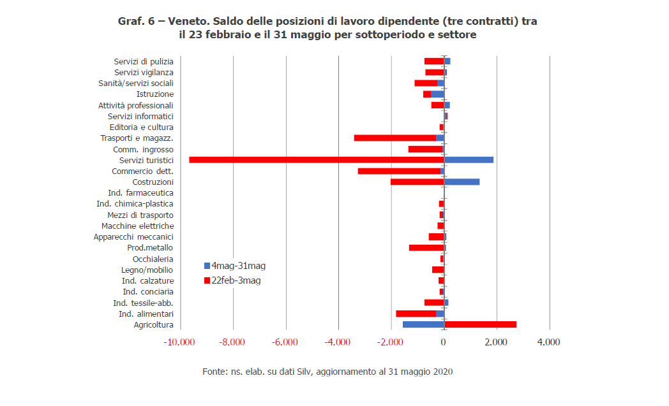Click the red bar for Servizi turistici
(x=316, y=160)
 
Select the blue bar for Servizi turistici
(x=469, y=160)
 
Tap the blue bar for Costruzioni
(x=462, y=182)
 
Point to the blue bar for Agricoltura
(x=423, y=325)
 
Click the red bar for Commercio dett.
(x=399, y=171)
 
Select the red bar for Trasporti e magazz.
(x=395, y=138)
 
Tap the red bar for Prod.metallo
(x=426, y=248)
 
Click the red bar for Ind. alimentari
(x=416, y=314)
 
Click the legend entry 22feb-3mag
(x=236, y=280)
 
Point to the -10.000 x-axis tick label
(x=179, y=342)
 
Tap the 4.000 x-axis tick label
(x=548, y=342)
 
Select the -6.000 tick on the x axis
(x=285, y=342)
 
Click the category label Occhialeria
(x=153, y=259)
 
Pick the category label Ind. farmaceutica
(x=140, y=193)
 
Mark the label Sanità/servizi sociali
(x=135, y=83)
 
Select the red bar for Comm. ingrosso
(x=425, y=149)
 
